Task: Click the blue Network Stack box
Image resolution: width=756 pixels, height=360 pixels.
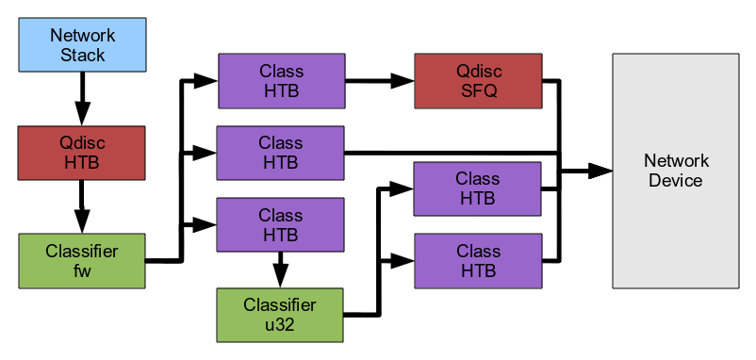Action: (82, 45)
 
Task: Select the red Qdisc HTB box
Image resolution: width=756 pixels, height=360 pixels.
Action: (81, 153)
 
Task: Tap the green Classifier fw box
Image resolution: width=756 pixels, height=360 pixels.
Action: (81, 261)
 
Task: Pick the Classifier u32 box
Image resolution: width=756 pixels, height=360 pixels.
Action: (280, 315)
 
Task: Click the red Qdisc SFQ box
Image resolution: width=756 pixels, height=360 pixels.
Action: (478, 81)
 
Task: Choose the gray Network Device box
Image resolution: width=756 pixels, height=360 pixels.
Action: (676, 172)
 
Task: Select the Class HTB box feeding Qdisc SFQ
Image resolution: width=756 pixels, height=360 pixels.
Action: (282, 81)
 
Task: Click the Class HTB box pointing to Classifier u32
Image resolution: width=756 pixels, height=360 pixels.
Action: (280, 224)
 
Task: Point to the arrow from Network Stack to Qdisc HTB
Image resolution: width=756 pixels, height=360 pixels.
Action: (82, 99)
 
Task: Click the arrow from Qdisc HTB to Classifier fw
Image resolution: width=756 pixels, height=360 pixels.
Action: (82, 206)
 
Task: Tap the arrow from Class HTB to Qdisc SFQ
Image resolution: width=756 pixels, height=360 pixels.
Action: (380, 81)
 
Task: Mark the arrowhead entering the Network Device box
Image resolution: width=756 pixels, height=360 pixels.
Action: (600, 172)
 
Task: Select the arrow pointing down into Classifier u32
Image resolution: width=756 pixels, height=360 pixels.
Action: (280, 270)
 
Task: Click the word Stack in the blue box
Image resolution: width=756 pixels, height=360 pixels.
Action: (82, 55)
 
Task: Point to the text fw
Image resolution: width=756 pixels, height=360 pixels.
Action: (82, 270)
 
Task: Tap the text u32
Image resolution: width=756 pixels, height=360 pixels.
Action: (280, 325)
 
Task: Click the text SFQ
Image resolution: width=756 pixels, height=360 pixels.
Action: (479, 90)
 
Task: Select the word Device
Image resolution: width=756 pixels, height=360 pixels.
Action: (676, 181)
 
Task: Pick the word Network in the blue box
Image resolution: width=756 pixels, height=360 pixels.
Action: (82, 35)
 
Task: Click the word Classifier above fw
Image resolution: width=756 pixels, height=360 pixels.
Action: (82, 252)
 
